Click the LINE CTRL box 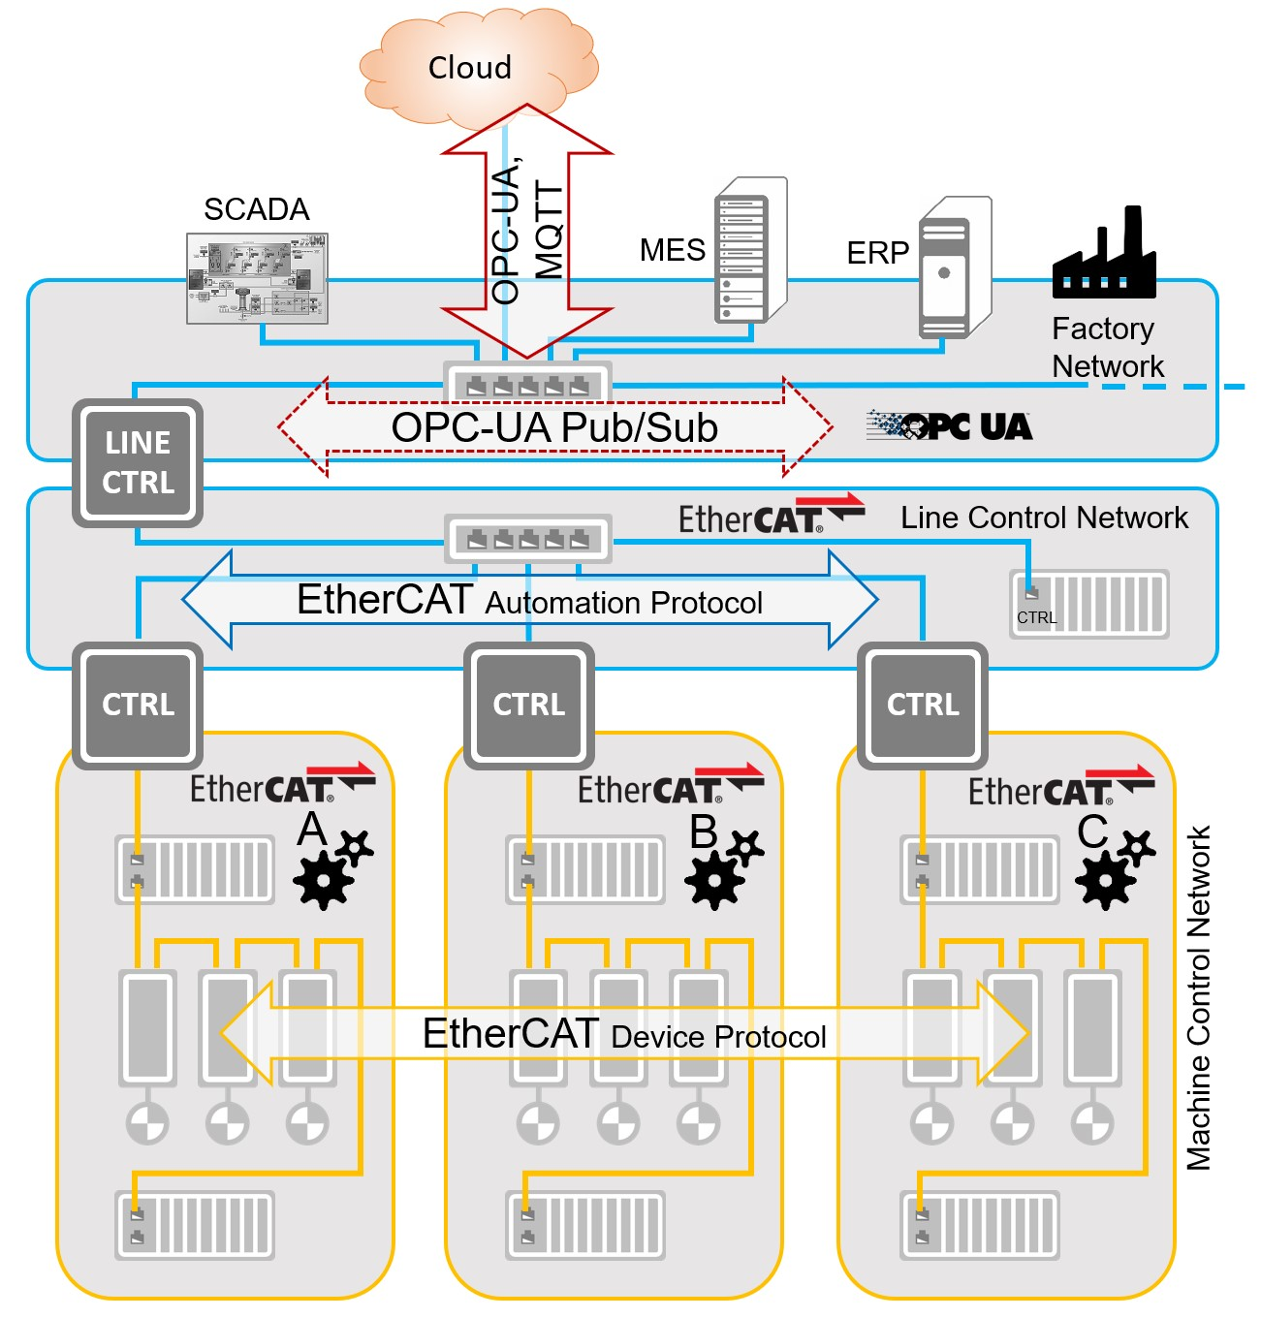(x=138, y=463)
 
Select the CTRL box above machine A (x=138, y=705)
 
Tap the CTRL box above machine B (x=528, y=705)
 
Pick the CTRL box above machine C (x=922, y=705)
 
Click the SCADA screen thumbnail (x=257, y=278)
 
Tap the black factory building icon (x=1105, y=257)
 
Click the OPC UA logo (x=950, y=425)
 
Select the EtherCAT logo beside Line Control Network (x=770, y=517)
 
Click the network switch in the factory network (x=527, y=384)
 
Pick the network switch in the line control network (x=528, y=538)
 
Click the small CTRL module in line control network (x=1089, y=604)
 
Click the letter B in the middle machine (x=704, y=832)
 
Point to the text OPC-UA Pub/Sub (x=554, y=427)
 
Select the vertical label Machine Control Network (x=1199, y=998)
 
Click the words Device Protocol (x=718, y=1038)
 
